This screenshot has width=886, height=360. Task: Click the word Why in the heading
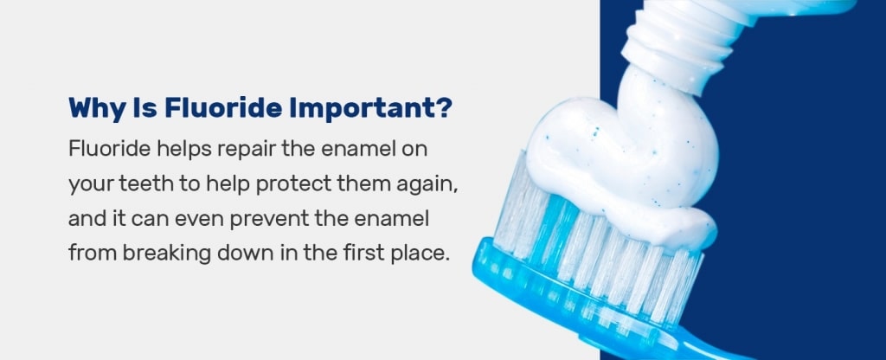[x=97, y=108]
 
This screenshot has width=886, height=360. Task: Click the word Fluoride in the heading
[x=223, y=107]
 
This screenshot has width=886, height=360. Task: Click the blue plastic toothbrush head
[x=594, y=305]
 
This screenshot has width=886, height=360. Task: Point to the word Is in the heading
[x=144, y=107]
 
